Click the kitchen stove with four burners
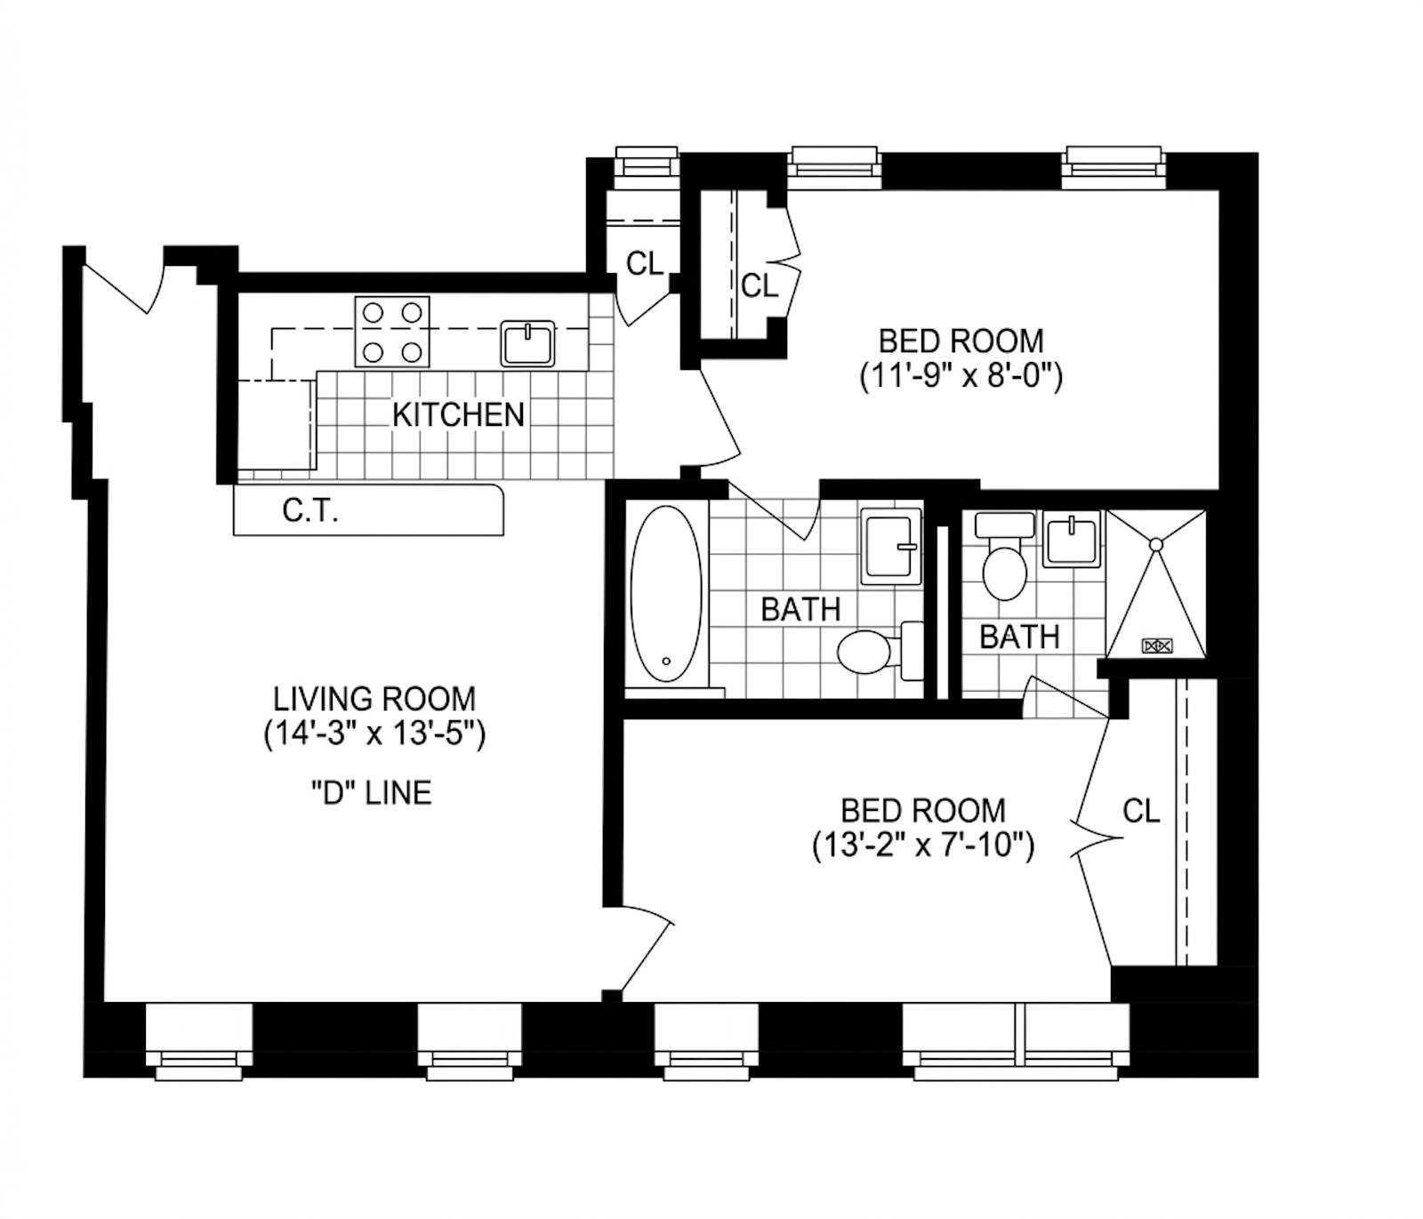pyautogui.click(x=392, y=332)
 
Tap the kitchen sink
pyautogui.click(x=527, y=343)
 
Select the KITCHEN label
pyautogui.click(x=458, y=414)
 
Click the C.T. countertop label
pyautogui.click(x=310, y=510)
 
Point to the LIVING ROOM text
pyautogui.click(x=374, y=697)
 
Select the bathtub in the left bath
pyautogui.click(x=665, y=594)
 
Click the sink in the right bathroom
pyautogui.click(x=1072, y=539)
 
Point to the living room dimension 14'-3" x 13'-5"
pyautogui.click(x=374, y=734)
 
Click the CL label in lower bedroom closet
pyautogui.click(x=1141, y=811)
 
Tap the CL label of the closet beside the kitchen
pyautogui.click(x=645, y=264)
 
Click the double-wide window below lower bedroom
pyautogui.click(x=1017, y=1041)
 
